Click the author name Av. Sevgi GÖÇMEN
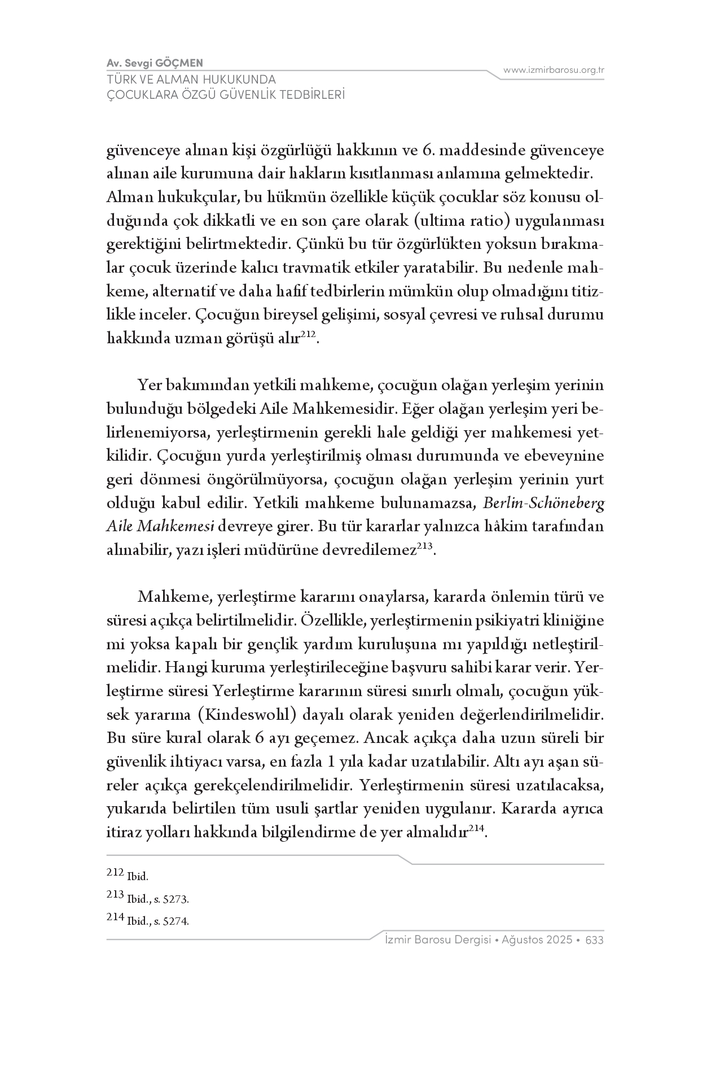point(155,63)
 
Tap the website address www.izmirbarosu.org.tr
point(554,71)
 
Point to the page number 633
point(595,940)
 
